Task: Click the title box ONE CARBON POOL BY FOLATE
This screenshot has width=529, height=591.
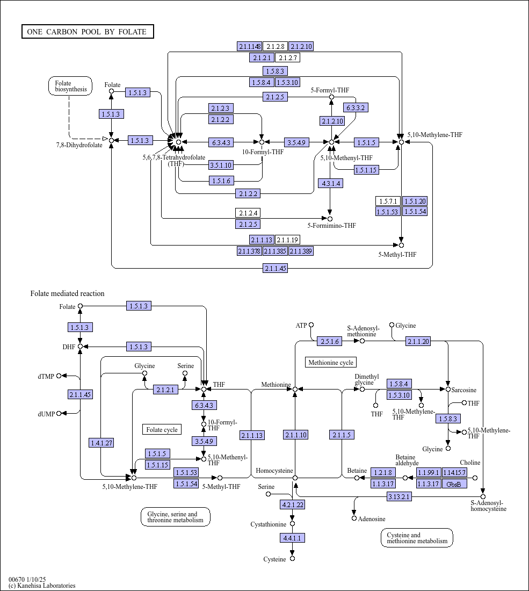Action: point(88,32)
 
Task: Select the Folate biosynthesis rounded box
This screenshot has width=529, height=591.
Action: point(70,86)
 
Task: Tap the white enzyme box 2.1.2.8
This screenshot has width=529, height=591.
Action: point(275,46)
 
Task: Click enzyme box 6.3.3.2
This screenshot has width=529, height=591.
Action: point(356,107)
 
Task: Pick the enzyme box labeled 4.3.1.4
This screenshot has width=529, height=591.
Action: point(330,183)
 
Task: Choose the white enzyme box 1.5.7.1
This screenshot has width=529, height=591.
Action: point(388,201)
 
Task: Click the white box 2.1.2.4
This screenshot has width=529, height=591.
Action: point(248,213)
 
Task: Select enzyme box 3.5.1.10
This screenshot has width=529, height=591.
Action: point(221,165)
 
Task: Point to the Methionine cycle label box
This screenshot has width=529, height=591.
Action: point(331,362)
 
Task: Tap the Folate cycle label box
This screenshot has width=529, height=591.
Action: point(162,429)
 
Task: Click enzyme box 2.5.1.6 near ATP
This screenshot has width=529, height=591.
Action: point(329,341)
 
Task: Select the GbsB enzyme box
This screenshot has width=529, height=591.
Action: point(454,484)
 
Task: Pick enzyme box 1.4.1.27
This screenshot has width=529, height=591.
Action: point(101,443)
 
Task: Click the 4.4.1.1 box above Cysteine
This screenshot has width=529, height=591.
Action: point(292,537)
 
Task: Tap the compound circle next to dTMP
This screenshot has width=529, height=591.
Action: point(59,376)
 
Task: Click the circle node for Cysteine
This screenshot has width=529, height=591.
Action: point(292,559)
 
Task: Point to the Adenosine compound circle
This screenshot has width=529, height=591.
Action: point(354,518)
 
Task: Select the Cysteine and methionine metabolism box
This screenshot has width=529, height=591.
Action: point(417,537)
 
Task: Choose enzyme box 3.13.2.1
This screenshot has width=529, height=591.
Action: point(399,496)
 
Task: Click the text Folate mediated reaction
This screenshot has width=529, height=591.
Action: point(67,293)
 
